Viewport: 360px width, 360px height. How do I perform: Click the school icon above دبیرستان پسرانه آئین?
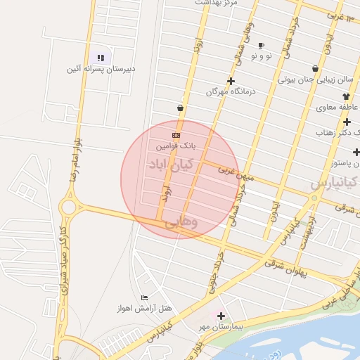point(100,58)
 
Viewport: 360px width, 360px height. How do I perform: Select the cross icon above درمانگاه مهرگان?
point(231,81)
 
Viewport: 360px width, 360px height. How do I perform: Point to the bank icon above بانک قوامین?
point(176,135)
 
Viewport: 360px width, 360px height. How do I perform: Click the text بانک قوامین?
point(175,146)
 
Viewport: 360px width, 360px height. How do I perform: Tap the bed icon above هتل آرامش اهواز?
point(144,297)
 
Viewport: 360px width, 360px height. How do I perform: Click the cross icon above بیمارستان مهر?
point(221,316)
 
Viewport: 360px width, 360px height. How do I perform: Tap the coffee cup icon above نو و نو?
point(261,45)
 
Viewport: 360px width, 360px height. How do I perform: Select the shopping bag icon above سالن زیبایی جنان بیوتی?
point(314,69)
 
